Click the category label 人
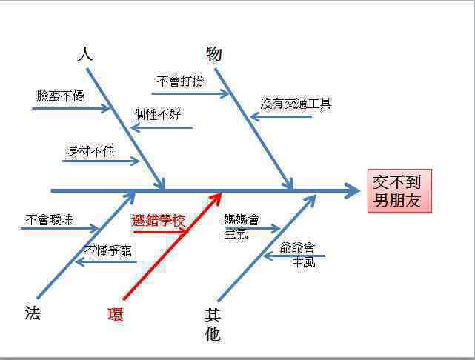point(85,54)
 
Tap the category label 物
point(214,54)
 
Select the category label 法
point(33,313)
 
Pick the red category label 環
point(116,314)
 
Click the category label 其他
point(213,324)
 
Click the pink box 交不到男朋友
point(399,191)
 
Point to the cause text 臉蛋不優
point(60,96)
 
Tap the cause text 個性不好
point(158,115)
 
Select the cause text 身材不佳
point(90,151)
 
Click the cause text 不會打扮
point(180,81)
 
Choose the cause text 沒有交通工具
point(296,104)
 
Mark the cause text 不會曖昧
point(49,219)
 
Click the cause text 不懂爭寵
point(108,250)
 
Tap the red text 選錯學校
point(158,220)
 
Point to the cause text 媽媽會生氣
point(242,227)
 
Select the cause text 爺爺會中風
point(297,255)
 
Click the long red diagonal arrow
point(173,246)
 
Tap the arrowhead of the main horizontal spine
point(353,191)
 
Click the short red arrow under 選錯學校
point(161,233)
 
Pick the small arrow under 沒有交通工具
point(282,116)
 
